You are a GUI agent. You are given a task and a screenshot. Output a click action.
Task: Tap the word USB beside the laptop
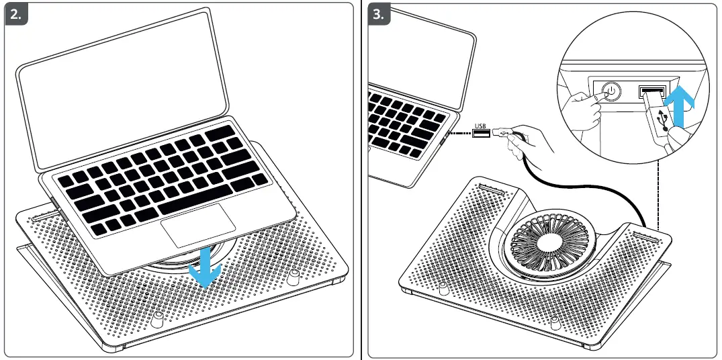(x=480, y=125)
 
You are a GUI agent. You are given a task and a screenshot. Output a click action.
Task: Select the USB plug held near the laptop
(x=502, y=134)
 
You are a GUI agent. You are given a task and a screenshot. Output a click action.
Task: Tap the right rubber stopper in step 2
(x=294, y=277)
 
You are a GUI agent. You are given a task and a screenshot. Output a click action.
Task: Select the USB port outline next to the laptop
(x=481, y=134)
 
